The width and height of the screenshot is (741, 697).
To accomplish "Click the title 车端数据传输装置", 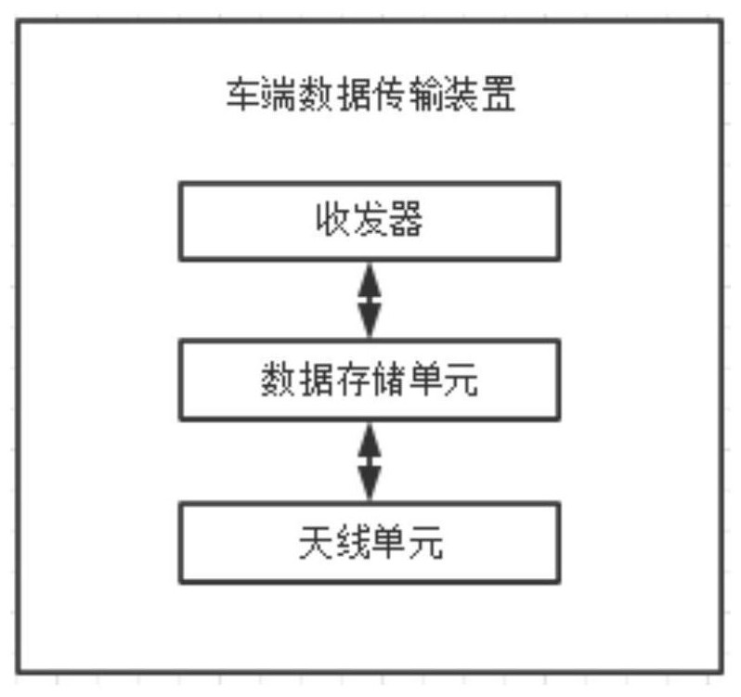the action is [371, 95].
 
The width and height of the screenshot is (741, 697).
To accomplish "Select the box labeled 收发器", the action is [370, 221].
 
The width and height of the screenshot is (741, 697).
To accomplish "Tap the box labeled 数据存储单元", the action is [370, 380].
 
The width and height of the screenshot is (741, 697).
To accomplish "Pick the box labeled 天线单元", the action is [370, 543].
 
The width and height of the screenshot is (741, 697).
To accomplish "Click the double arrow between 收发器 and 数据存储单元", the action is [370, 301].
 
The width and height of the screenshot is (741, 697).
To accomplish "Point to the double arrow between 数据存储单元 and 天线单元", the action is [370, 461].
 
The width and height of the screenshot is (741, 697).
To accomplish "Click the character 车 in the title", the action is [243, 95].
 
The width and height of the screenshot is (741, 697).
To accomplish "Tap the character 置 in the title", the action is [499, 95].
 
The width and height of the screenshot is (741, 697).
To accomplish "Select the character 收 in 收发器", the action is [333, 219].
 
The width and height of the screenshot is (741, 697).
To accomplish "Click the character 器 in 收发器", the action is [406, 219].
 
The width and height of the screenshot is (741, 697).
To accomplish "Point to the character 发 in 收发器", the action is [370, 219].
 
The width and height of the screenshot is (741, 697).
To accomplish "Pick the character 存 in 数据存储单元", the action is [352, 380].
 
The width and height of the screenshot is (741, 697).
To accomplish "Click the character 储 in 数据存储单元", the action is [388, 380].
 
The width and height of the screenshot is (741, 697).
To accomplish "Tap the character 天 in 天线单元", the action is [316, 543].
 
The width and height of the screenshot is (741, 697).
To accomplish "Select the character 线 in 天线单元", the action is [353, 543].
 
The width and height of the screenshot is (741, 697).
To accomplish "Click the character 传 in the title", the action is [389, 95].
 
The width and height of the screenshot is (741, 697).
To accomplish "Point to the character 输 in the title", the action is [426, 95].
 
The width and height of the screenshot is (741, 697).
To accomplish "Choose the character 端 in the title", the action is [279, 95].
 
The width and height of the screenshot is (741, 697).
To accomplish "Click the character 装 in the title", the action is [462, 95].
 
